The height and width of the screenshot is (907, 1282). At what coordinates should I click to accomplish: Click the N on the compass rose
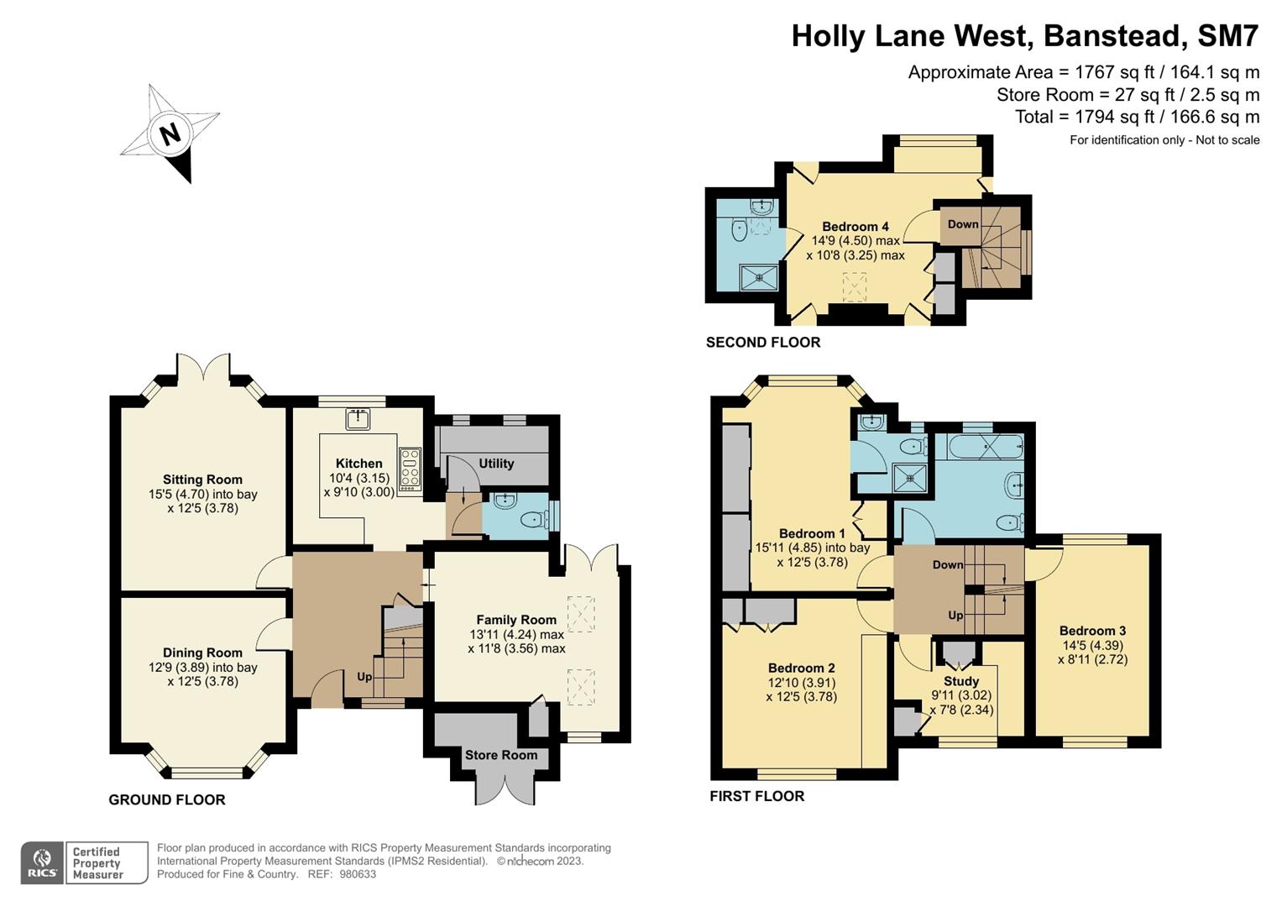pyautogui.click(x=170, y=134)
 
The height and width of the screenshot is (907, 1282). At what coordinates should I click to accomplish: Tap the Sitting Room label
pyautogui.click(x=202, y=480)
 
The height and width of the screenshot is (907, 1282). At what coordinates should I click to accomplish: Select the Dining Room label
pyautogui.click(x=202, y=653)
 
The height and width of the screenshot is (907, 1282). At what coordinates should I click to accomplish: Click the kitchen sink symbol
pyautogui.click(x=358, y=417)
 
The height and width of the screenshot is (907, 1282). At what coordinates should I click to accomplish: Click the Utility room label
pyautogui.click(x=496, y=463)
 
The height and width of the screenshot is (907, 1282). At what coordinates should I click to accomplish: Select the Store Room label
pyautogui.click(x=501, y=755)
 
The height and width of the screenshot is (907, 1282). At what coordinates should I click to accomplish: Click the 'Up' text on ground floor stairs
pyautogui.click(x=364, y=677)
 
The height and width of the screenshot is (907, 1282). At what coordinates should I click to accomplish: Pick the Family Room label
pyautogui.click(x=516, y=620)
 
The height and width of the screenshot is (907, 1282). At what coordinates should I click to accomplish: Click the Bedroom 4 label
pyautogui.click(x=855, y=227)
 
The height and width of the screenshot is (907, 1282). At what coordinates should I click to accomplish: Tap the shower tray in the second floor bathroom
pyautogui.click(x=758, y=276)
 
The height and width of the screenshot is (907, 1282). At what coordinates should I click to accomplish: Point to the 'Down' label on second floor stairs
pyautogui.click(x=963, y=224)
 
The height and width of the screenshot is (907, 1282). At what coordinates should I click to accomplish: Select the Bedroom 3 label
pyautogui.click(x=1092, y=631)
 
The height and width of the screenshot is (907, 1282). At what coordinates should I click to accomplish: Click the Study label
pyautogui.click(x=961, y=681)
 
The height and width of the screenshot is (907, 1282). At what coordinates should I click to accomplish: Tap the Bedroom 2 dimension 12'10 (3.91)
pyautogui.click(x=801, y=683)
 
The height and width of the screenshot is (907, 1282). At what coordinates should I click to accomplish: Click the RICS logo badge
pyautogui.click(x=42, y=863)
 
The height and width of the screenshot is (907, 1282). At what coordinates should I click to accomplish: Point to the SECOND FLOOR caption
pyautogui.click(x=763, y=342)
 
